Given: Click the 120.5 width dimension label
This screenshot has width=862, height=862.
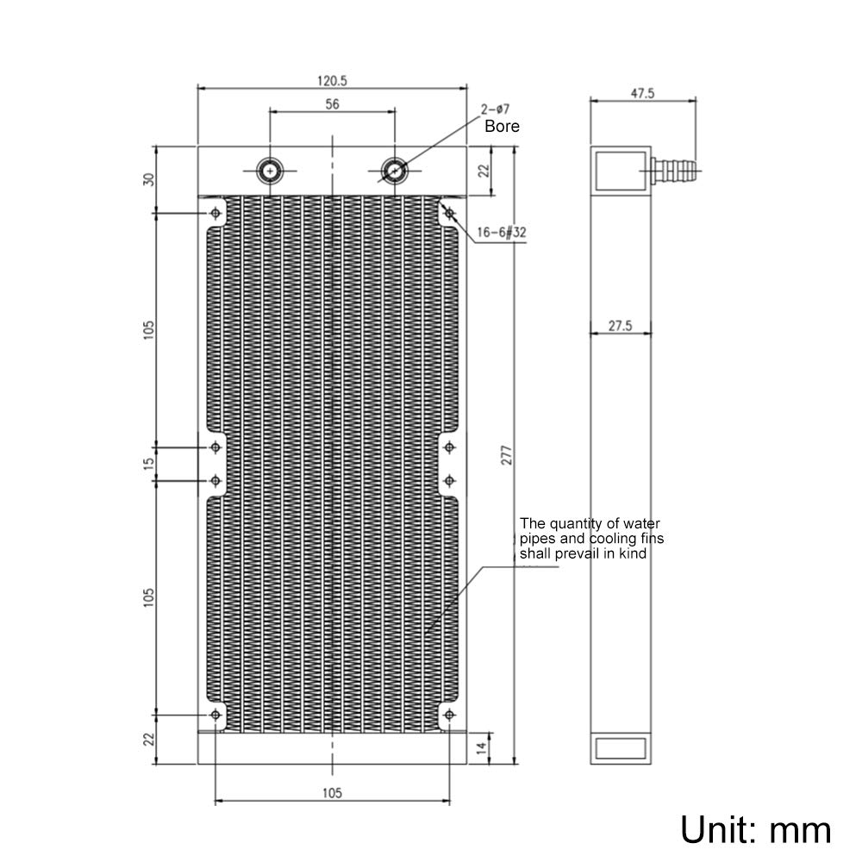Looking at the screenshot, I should click(x=332, y=81).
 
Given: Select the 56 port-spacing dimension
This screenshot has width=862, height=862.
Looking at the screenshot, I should click(x=332, y=104).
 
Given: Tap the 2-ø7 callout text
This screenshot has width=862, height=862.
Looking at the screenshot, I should click(x=497, y=109).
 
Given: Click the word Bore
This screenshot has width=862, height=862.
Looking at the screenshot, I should click(x=502, y=126).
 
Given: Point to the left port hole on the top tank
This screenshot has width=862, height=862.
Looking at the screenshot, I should click(x=272, y=171).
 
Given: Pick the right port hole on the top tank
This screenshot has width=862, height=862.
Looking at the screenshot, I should click(x=394, y=171).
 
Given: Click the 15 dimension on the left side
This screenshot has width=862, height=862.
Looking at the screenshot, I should click(x=149, y=463).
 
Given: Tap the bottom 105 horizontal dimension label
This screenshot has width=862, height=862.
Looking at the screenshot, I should click(x=332, y=793).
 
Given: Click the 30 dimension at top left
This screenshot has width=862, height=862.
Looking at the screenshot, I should click(x=149, y=179).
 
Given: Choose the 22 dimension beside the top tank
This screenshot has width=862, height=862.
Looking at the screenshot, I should click(x=484, y=171).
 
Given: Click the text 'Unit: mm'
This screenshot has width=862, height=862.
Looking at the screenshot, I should click(x=756, y=829).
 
